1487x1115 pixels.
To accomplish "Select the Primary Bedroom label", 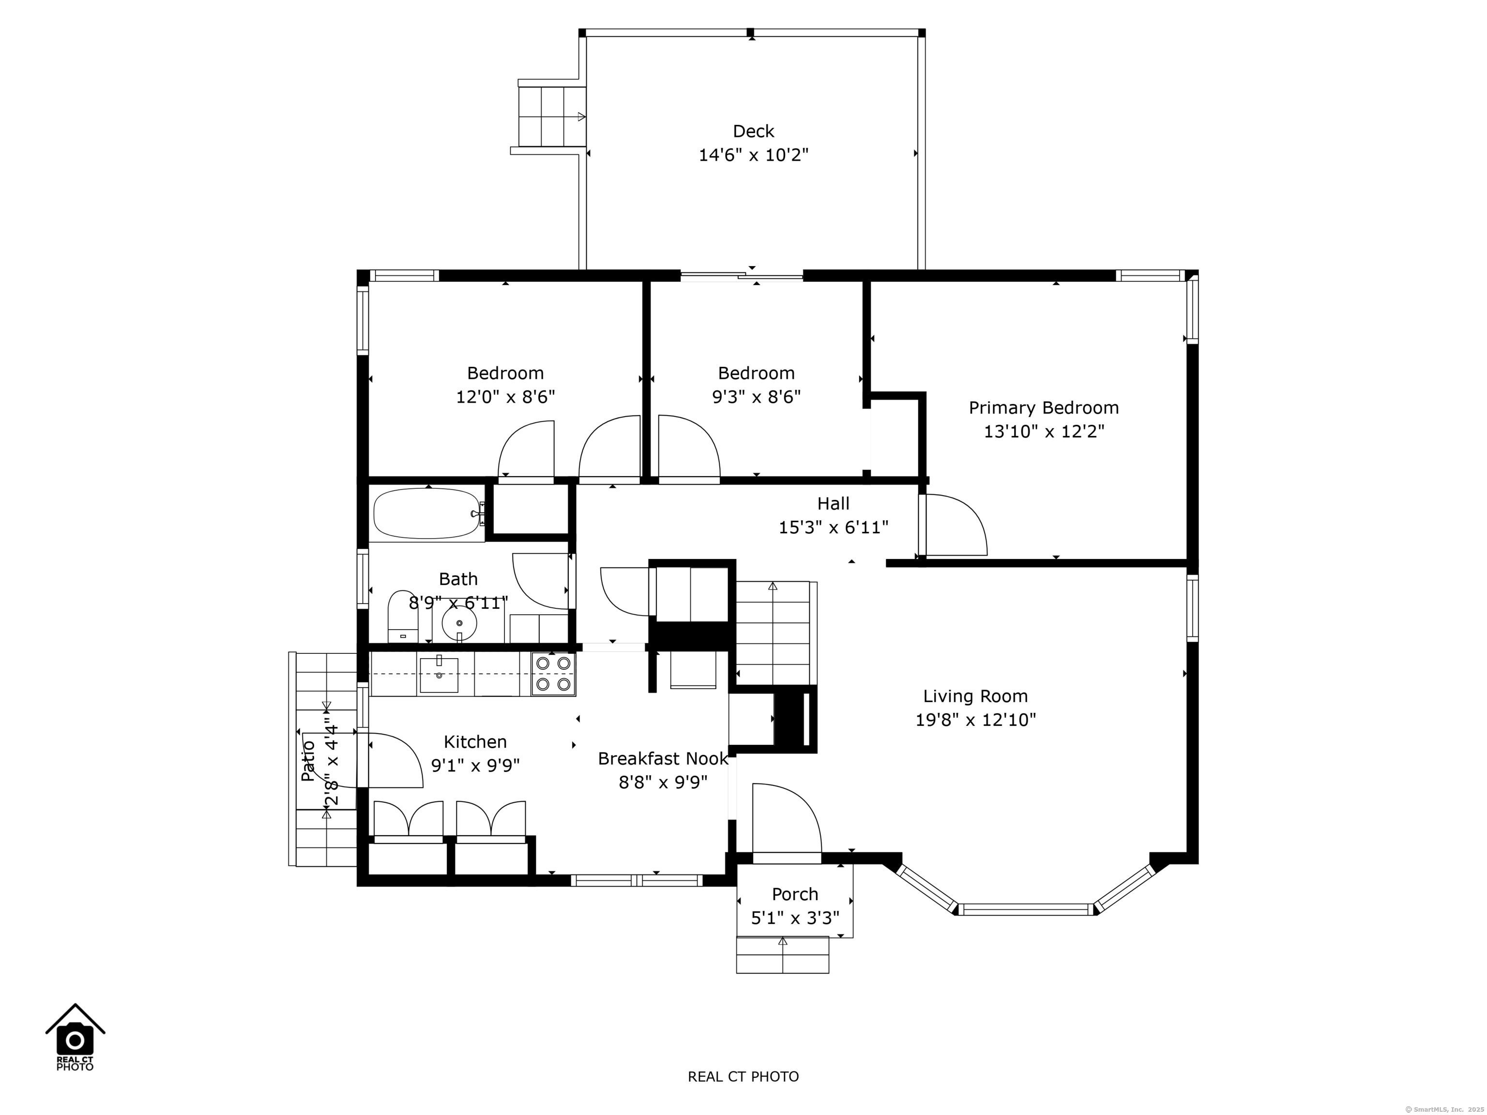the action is coord(1043,408).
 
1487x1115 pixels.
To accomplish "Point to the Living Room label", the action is coord(975,696).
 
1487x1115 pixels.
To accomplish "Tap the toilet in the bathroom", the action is coord(403,617).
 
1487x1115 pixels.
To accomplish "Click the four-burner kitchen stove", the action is coord(553,674).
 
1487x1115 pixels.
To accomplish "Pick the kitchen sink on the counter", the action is coord(439,675).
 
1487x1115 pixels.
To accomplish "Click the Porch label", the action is coord(795,894).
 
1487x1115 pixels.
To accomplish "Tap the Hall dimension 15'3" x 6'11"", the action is coord(834,527).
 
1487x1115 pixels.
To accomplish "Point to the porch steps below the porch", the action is coord(783,954).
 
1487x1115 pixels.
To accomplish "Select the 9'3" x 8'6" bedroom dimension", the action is coord(756,397).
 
